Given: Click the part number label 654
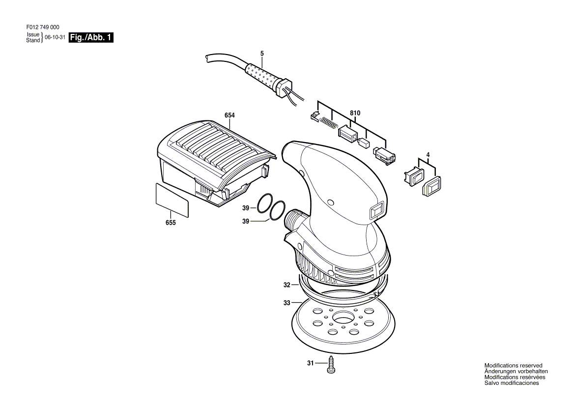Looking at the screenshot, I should click(230, 115).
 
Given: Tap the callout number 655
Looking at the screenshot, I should click(171, 223).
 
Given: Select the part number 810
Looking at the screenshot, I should click(355, 113).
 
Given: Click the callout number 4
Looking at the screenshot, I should click(428, 155).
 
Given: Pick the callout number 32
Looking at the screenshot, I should click(287, 285).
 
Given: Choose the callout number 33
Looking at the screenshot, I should click(287, 303).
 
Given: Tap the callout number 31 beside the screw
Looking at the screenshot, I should click(310, 363).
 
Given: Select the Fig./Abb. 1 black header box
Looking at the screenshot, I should click(91, 37).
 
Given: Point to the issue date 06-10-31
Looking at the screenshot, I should click(55, 37).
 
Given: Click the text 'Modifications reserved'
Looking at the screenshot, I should click(513, 366).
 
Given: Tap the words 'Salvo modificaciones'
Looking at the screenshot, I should click(511, 383).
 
